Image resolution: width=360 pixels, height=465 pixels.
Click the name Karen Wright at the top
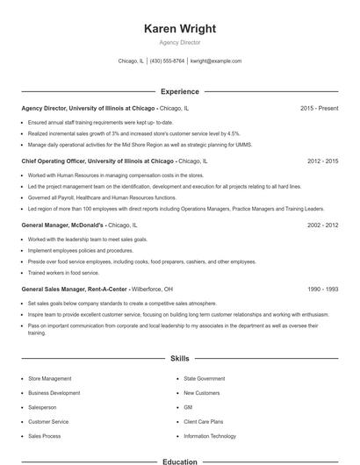pos(179,28)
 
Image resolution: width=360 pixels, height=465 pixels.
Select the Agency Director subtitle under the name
pos(179,42)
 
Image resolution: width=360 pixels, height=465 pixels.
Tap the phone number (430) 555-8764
pos(167,61)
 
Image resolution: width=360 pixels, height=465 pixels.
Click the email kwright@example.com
pos(216,61)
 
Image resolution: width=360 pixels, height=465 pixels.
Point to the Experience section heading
pos(179,91)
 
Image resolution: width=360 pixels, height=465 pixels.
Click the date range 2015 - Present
pos(319,108)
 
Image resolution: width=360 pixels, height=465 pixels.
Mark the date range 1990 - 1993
pos(322,289)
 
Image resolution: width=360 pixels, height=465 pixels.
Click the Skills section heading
pos(179,358)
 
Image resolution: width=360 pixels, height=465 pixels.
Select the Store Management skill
pos(50,378)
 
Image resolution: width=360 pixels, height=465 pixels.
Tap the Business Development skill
pos(54,393)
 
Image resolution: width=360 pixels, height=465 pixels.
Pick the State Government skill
pos(205,378)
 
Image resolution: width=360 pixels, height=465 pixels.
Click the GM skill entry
pos(188,407)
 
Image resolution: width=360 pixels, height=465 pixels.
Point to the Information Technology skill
pos(210,436)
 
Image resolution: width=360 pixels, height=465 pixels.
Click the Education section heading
pos(179,461)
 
